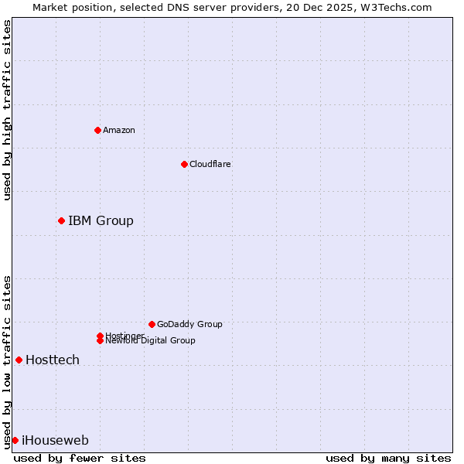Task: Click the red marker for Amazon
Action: point(97,130)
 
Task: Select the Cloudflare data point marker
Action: point(184,164)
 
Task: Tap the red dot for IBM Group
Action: point(61,220)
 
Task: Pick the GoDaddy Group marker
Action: point(152,324)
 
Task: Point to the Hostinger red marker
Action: point(100,336)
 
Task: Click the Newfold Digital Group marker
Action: point(100,340)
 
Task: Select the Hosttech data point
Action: point(19,360)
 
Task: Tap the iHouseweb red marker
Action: point(15,440)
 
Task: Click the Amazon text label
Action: point(119,130)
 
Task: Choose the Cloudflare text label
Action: point(210,164)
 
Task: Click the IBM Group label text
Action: point(101,220)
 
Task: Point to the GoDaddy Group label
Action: point(189,324)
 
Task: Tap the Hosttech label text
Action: point(53,360)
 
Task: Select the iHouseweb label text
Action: point(55,440)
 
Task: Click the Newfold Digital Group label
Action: point(150,341)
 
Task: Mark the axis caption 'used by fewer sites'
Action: point(80,458)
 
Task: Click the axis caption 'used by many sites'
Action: point(388,458)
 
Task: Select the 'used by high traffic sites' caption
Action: point(7,110)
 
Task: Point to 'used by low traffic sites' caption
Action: point(7,361)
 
